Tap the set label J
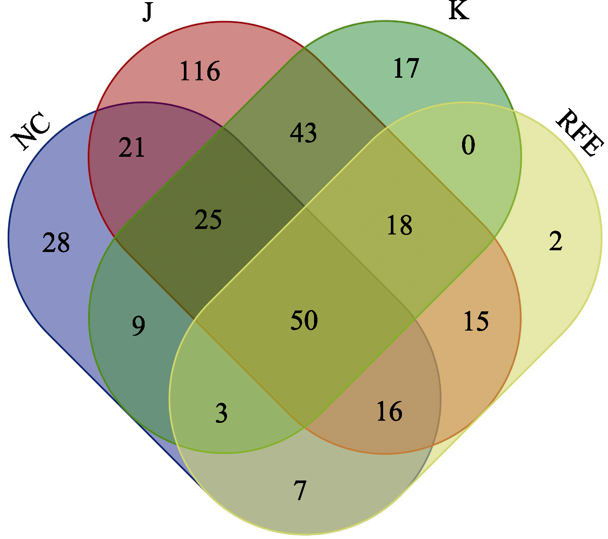(x=147, y=12)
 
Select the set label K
(x=459, y=11)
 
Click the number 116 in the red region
(x=200, y=71)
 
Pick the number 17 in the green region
(x=406, y=68)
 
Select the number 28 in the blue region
(x=56, y=242)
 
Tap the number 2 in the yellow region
(x=556, y=240)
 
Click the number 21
(x=131, y=147)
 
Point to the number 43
(x=303, y=132)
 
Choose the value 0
(x=468, y=145)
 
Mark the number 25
(x=208, y=220)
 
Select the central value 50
(x=304, y=320)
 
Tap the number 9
(x=138, y=326)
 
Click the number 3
(x=221, y=413)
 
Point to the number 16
(x=389, y=411)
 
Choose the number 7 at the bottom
(x=300, y=490)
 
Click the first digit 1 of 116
(x=185, y=71)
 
